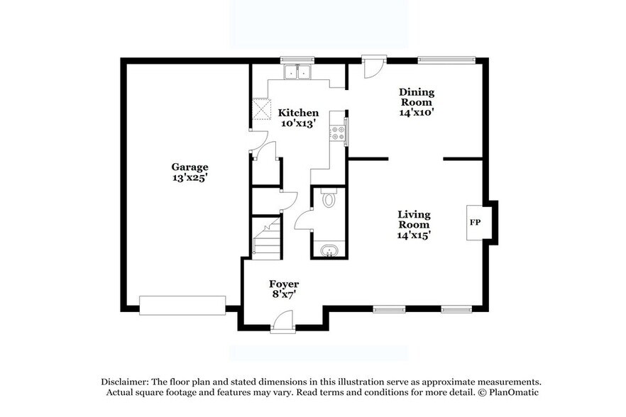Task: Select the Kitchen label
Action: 298,113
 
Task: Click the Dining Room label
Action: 416,96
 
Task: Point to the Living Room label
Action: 414,219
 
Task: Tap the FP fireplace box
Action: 476,223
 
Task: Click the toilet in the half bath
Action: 329,199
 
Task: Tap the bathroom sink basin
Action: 329,250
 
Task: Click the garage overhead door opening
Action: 182,305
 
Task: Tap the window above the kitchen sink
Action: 297,60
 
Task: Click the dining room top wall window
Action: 445,60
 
